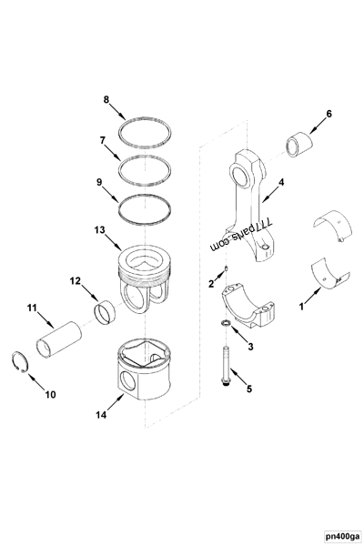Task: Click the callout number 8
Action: [x=106, y=98]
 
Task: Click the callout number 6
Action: [x=329, y=114]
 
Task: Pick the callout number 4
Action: [x=281, y=182]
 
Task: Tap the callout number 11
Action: [x=32, y=309]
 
